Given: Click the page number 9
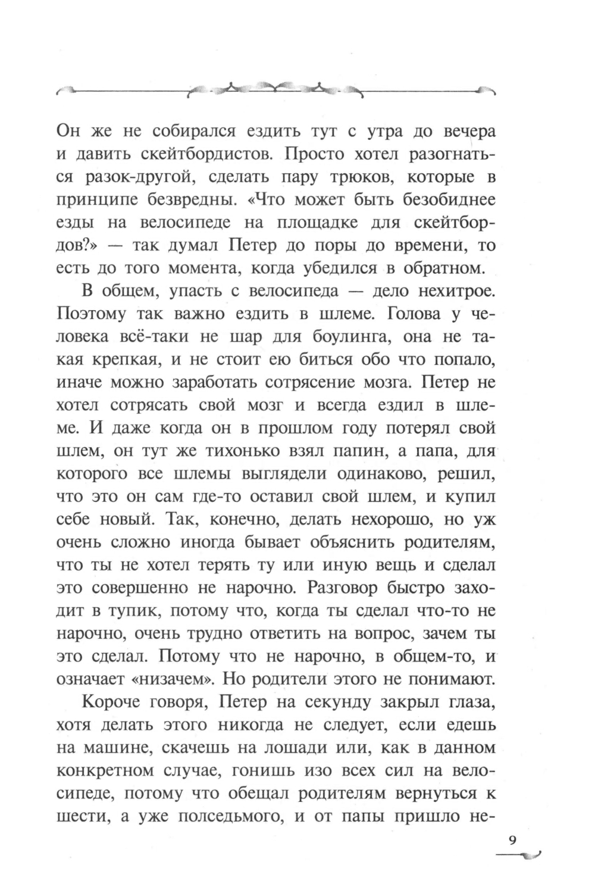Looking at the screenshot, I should (512, 841).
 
